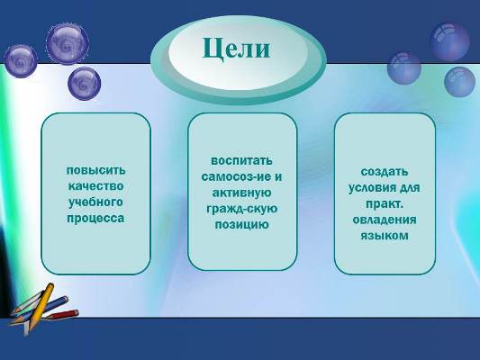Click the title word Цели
[236, 49]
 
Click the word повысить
[95, 170]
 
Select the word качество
[95, 186]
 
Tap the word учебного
[95, 202]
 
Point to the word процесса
[95, 219]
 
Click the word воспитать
[242, 161]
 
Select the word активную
[242, 193]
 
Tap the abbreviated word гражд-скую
[242, 209]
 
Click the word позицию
[242, 225]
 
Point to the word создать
[385, 172]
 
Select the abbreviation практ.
[385, 204]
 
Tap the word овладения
[385, 220]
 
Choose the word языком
[385, 236]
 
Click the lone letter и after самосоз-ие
[278, 177]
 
